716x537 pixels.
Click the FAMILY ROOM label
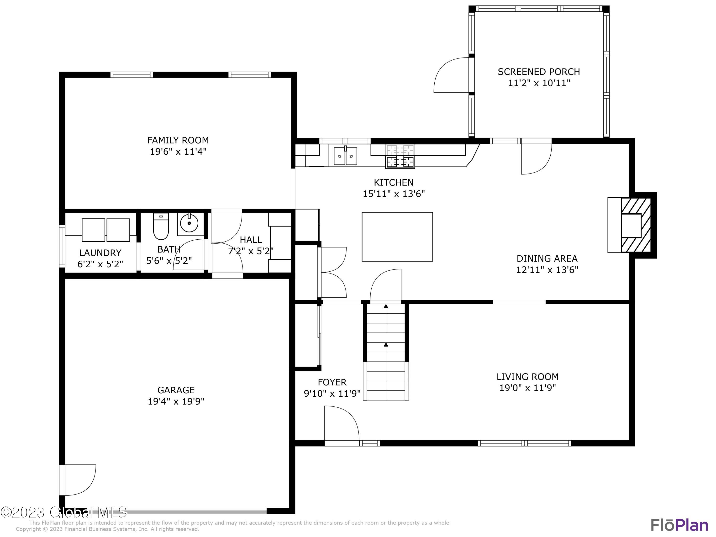(178, 140)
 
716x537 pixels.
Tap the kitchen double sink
(346, 156)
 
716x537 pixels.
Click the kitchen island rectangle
(397, 237)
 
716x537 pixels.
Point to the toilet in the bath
(161, 226)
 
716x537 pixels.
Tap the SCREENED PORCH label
(539, 72)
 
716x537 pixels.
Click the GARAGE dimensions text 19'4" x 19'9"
(176, 401)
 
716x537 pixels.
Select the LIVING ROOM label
(528, 376)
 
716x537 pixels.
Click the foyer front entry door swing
(342, 424)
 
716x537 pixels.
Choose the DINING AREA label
(547, 258)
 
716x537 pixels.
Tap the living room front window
(524, 443)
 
